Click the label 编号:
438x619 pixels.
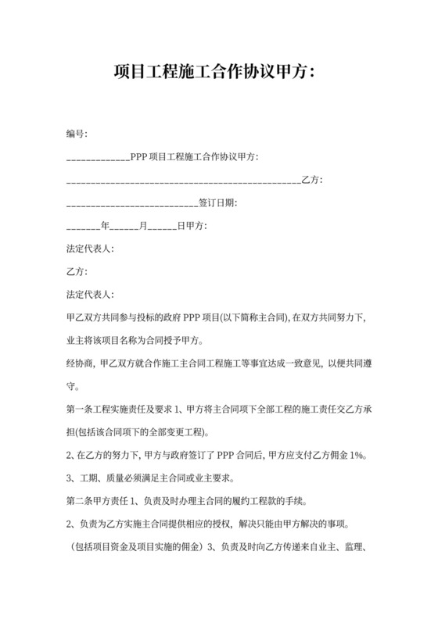pos(77,135)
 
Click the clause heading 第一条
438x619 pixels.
pos(81,409)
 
